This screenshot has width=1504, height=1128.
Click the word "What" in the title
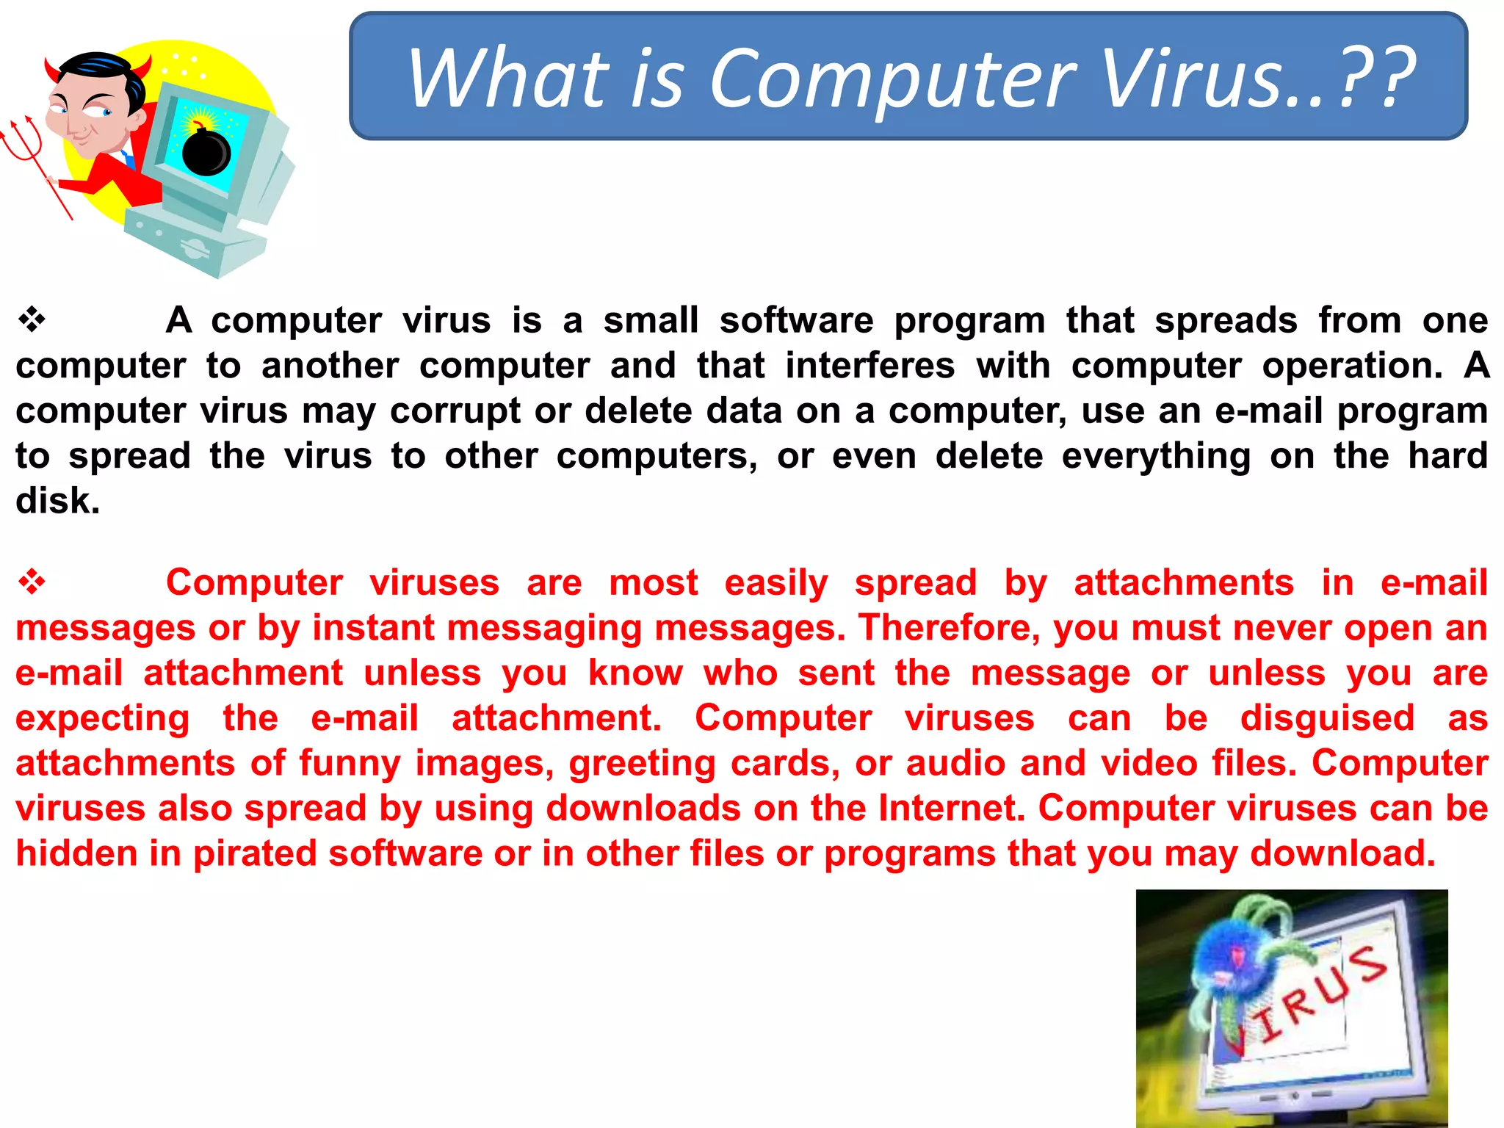509,78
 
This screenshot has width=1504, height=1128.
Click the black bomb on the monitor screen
206,152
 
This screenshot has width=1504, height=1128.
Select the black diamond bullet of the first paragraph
32,320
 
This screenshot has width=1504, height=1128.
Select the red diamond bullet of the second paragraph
32,582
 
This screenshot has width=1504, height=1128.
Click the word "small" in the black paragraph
651,320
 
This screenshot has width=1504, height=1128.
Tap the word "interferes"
870,366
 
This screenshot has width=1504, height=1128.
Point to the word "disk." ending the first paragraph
57,501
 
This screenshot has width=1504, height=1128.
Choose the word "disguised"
1327,718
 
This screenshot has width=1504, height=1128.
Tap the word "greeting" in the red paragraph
642,764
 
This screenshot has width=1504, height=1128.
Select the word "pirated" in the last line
255,854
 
